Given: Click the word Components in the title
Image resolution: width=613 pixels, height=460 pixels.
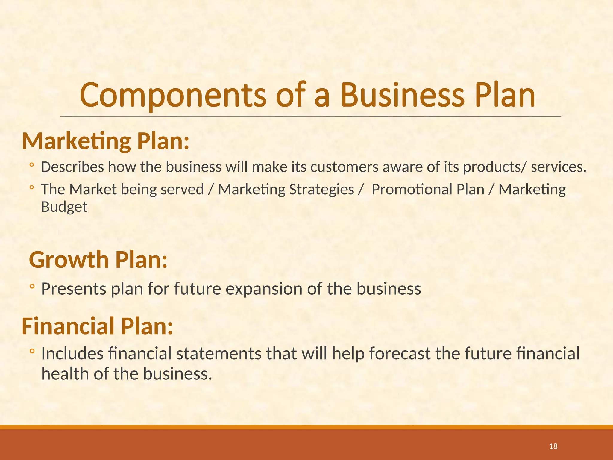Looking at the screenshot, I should click(173, 95).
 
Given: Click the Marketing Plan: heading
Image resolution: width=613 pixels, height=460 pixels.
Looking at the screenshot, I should click(106, 141).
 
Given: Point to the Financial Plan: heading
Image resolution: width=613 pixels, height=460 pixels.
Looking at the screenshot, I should click(97, 326).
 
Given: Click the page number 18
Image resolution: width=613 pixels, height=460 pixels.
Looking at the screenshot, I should click(553, 446).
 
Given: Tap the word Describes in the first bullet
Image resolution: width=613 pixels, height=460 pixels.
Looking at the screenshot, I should click(72, 167).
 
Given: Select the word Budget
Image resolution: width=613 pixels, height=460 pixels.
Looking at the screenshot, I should click(64, 207).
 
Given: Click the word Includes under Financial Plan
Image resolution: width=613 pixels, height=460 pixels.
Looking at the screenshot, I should click(72, 353).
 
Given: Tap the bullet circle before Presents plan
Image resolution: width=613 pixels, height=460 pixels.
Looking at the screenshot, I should click(32, 287).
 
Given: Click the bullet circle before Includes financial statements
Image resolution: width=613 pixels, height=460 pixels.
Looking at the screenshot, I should click(32, 351).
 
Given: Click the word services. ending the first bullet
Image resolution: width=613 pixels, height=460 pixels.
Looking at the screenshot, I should click(559, 167).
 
